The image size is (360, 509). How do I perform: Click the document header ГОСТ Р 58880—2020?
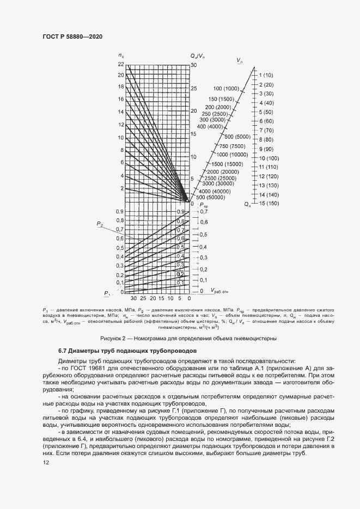click(72, 36)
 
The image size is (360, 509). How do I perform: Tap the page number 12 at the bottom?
click(46, 462)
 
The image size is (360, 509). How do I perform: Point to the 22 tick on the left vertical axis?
click(120, 64)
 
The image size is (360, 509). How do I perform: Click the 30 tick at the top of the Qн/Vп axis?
click(193, 64)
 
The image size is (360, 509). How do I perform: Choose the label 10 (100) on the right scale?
click(269, 158)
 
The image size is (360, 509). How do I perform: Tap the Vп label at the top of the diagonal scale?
click(240, 60)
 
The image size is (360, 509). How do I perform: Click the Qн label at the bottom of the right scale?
click(248, 205)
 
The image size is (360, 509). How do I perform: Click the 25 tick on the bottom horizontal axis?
click(143, 299)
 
